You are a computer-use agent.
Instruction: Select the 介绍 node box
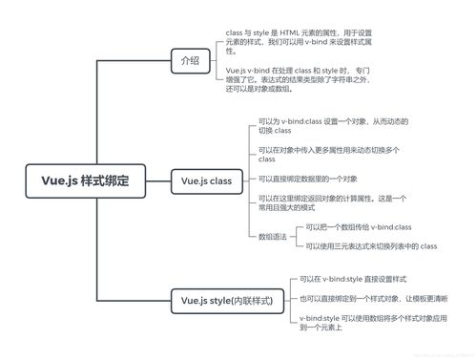[190, 60]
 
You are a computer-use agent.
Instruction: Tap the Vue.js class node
[206, 180]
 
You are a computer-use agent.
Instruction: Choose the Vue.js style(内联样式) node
[226, 301]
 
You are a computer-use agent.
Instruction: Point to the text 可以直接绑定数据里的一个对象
[308, 179]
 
